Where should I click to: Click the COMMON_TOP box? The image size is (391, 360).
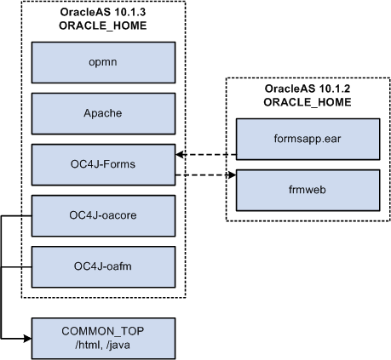[103, 337]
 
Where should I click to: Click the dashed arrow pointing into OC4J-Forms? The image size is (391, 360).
[204, 155]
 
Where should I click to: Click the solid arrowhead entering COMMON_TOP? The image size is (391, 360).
[25, 339]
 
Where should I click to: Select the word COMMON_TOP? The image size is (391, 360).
[103, 330]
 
